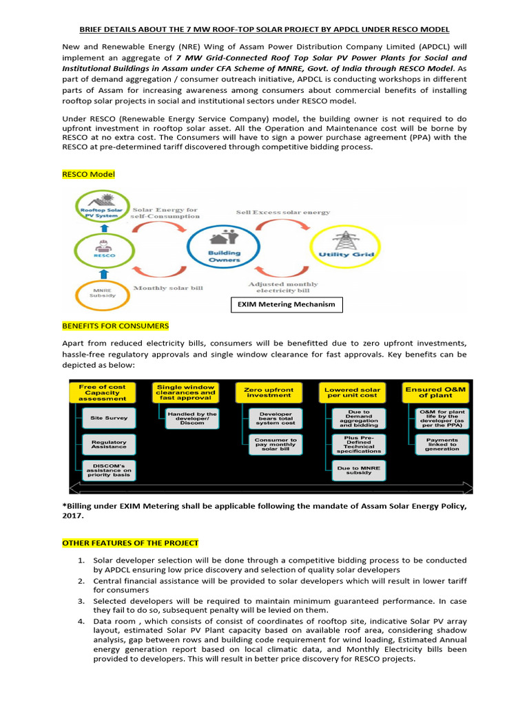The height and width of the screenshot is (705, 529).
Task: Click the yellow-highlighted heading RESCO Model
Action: click(89, 174)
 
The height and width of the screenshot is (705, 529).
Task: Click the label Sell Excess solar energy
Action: click(283, 213)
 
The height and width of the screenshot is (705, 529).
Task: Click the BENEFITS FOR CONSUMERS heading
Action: click(115, 326)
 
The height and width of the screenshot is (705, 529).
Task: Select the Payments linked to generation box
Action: click(442, 445)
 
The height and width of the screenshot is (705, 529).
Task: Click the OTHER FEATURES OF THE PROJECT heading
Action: click(130, 543)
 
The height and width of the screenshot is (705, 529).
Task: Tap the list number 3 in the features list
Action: click(81, 601)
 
